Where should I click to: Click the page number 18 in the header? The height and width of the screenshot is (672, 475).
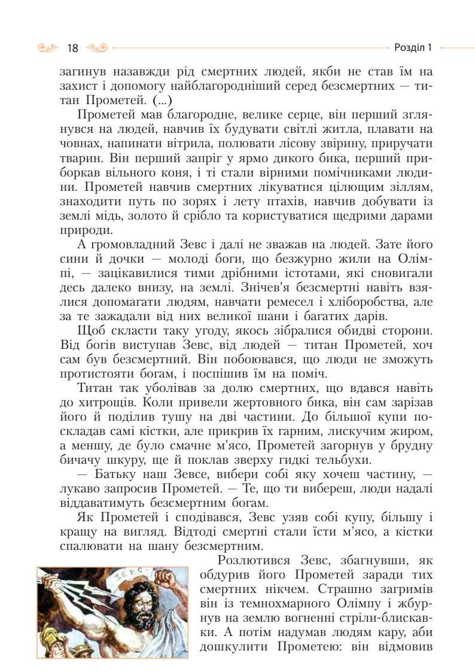[x=73, y=47]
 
